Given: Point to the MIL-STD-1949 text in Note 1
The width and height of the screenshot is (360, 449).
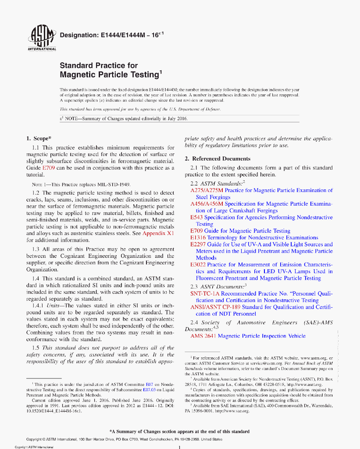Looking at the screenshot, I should click(116, 184).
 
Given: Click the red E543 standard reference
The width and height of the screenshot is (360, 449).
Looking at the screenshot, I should click(196, 217).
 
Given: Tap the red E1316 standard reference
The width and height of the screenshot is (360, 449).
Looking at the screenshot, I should click(198, 238).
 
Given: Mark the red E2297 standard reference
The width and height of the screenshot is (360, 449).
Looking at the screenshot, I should click(198, 244).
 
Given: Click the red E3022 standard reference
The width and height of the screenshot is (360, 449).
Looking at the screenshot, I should click(198, 265).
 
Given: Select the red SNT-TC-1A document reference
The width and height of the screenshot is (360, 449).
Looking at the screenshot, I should click(209, 293).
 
